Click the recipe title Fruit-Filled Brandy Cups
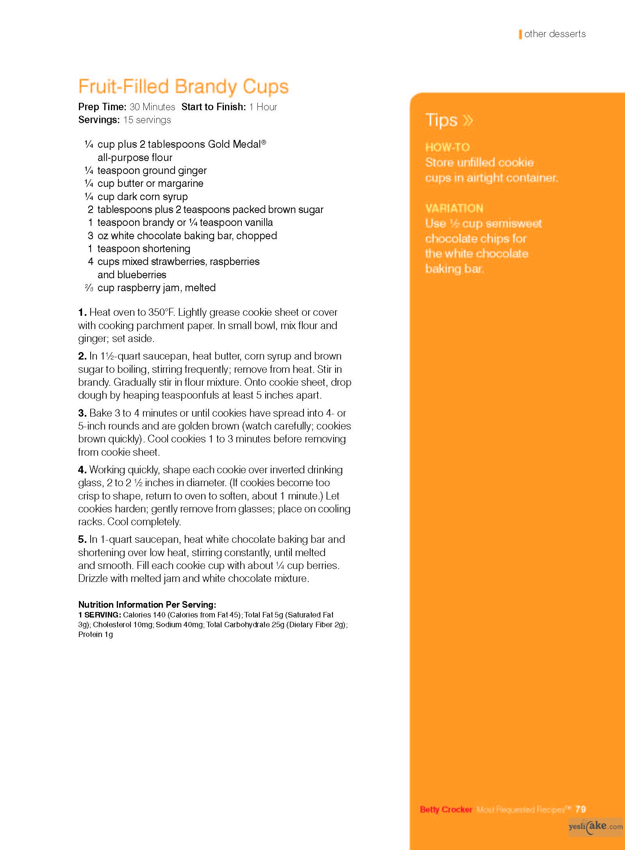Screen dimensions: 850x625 (183, 87)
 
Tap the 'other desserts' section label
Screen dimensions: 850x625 (555, 34)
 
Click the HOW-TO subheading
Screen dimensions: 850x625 (447, 147)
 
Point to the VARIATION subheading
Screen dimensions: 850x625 (454, 208)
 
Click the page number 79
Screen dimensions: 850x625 (580, 809)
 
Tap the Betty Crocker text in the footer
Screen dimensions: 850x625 (446, 809)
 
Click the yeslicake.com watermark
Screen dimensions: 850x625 (595, 826)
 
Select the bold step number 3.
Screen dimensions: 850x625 (82, 413)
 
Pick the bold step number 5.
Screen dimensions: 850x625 (82, 539)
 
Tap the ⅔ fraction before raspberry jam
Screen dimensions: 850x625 (89, 288)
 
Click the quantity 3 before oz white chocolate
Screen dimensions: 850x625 (90, 236)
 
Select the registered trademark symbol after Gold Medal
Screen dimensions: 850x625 (264, 142)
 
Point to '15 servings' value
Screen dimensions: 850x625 (147, 120)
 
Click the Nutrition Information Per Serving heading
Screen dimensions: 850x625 (147, 605)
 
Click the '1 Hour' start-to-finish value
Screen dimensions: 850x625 (263, 107)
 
